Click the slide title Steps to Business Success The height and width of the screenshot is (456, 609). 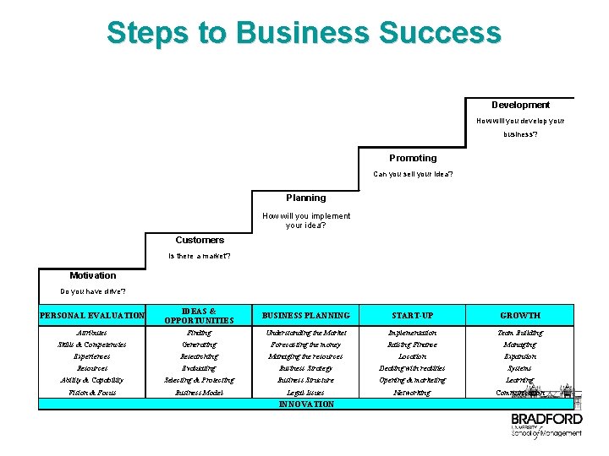pos(304,33)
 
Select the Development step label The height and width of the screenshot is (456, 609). pos(520,106)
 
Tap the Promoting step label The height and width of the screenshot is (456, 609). pos(413,158)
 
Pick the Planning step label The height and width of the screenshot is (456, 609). pos(305,198)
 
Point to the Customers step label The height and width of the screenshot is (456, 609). pos(200,240)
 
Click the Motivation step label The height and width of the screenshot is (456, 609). pos(93,275)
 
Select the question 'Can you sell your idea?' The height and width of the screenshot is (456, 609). pos(413,175)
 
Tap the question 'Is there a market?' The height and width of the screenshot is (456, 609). pos(200,256)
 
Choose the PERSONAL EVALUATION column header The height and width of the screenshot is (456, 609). pos(92,316)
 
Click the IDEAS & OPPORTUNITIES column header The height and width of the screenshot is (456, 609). pos(200,316)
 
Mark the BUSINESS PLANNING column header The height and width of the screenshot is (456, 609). pos(305,316)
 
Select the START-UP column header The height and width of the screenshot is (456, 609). pos(413,316)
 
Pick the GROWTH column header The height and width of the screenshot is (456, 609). pos(519,316)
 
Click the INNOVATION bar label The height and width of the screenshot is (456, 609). pos(306,404)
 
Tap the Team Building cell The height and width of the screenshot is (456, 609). pos(519,333)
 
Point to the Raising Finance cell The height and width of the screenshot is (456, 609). pos(413,345)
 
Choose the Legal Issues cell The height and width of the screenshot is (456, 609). pos(305,393)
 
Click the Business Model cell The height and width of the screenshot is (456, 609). pos(200,393)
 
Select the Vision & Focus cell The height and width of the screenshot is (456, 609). pos(92,393)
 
